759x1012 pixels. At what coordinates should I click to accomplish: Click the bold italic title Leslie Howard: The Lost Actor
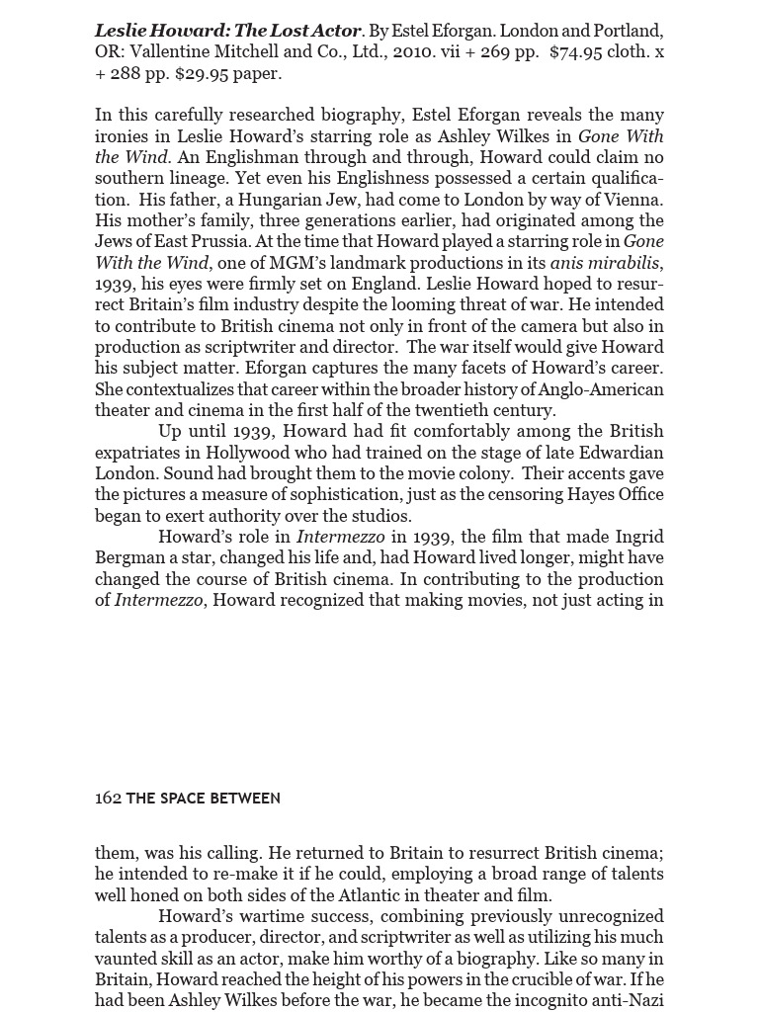[228, 31]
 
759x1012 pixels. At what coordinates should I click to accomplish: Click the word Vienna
[630, 200]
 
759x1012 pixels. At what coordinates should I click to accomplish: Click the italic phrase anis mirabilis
[604, 263]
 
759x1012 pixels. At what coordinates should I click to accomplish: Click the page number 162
[108, 799]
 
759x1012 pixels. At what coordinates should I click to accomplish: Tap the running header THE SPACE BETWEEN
[203, 799]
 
